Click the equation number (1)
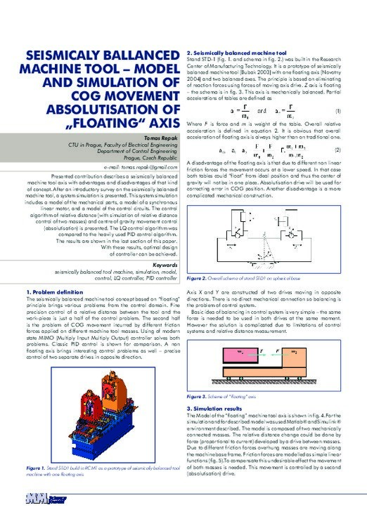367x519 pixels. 337,112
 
